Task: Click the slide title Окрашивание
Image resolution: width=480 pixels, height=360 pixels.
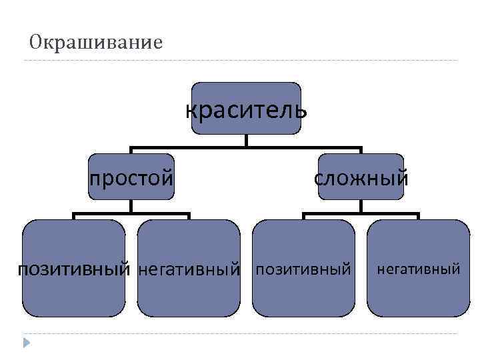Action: [x=96, y=43]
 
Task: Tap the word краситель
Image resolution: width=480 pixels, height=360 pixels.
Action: [x=246, y=109]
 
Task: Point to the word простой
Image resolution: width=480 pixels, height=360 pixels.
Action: [x=131, y=177]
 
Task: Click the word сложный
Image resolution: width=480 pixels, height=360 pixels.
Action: [x=361, y=177]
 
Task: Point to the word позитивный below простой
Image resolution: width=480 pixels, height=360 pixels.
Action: [x=73, y=269]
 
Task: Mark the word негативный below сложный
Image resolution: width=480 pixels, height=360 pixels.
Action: [x=419, y=269]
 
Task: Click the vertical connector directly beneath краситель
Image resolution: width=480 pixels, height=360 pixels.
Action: [x=246, y=141]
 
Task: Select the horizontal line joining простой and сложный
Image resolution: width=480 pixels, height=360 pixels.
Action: [x=246, y=147]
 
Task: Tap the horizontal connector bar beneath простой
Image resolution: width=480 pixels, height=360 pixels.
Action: [x=131, y=214]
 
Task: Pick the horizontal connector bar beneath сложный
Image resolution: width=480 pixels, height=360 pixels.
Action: [x=361, y=214]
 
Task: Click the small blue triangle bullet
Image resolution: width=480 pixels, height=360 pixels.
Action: [x=26, y=342]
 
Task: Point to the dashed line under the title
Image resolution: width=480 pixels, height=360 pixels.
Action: [x=240, y=61]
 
